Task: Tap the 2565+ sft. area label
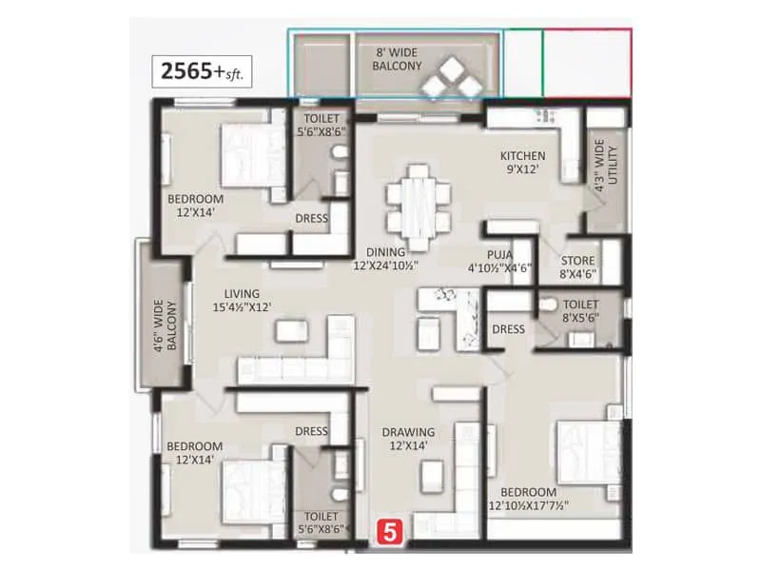click(x=203, y=72)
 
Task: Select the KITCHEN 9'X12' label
click(x=522, y=163)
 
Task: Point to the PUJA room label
click(x=500, y=261)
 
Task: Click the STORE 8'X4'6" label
click(x=577, y=266)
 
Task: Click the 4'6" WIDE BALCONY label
click(x=166, y=324)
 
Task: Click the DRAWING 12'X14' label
click(x=409, y=439)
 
